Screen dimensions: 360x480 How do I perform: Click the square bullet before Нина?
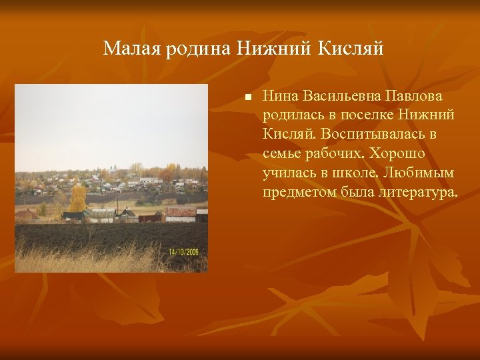pyautogui.click(x=247, y=97)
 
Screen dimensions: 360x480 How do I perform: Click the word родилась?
pyautogui.click(x=293, y=116)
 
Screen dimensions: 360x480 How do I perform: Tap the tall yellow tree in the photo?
pyautogui.click(x=78, y=197)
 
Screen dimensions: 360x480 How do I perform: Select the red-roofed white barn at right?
pyautogui.click(x=180, y=213)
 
